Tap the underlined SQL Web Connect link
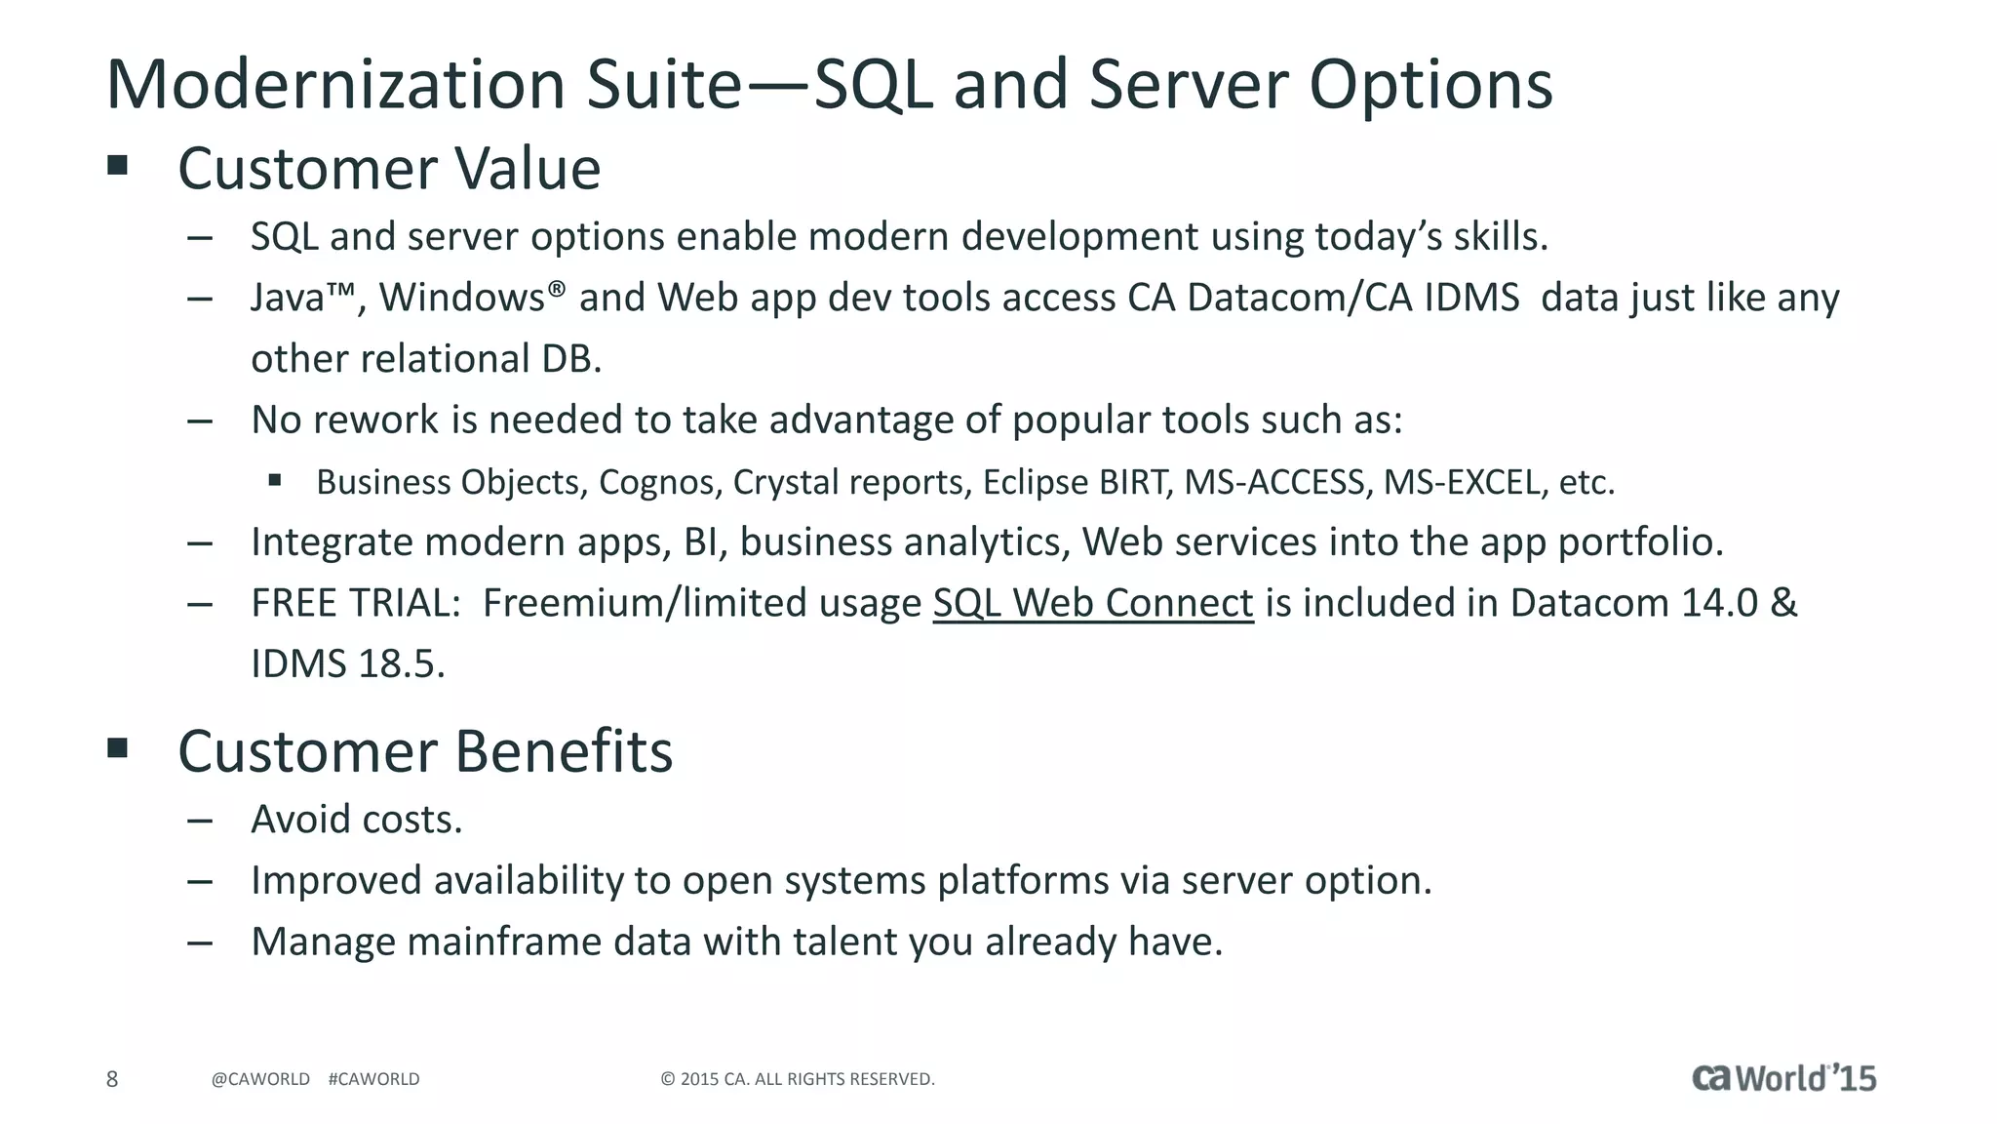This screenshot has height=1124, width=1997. (x=1092, y=603)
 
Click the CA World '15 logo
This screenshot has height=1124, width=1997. (x=1783, y=1078)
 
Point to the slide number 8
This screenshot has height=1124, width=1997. (x=112, y=1079)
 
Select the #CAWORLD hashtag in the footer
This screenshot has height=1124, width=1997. (x=373, y=1079)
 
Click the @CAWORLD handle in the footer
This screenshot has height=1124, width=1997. (x=260, y=1079)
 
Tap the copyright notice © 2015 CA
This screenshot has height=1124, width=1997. (x=797, y=1079)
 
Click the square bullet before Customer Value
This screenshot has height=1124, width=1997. (x=118, y=165)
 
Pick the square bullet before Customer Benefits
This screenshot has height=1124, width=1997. (x=118, y=748)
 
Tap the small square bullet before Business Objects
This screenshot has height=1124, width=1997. (x=275, y=479)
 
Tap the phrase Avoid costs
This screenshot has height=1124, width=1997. (x=356, y=820)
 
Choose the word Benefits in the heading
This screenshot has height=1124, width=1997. (x=563, y=751)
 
